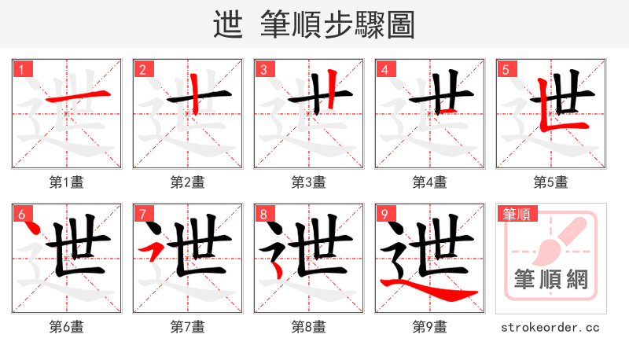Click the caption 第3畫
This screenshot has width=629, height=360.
coord(308,182)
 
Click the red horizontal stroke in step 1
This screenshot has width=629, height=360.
coord(76,97)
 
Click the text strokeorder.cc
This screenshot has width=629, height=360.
coord(550,326)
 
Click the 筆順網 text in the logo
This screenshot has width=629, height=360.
coord(550,280)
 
